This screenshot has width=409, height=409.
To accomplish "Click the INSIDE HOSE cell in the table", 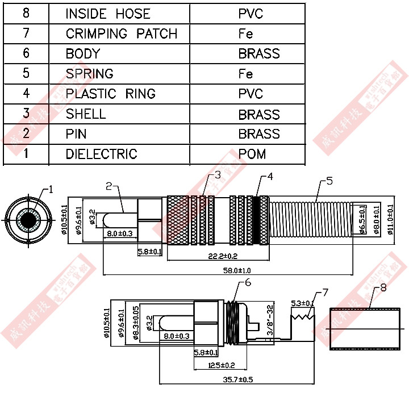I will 108,14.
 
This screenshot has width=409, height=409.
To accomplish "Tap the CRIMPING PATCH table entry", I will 122,34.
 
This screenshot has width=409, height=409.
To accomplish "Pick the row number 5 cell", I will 26,74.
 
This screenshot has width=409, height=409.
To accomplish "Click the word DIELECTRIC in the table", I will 101,154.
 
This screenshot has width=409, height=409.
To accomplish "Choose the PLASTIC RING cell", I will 111,94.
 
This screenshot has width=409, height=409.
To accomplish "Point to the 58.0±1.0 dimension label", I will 238,270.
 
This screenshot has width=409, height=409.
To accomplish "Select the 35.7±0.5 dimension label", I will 237,379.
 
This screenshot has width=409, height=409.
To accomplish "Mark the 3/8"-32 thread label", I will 270,320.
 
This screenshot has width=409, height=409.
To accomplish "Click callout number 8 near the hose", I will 383,288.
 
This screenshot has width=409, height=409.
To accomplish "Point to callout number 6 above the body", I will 248,283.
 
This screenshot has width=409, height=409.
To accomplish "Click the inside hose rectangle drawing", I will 366,329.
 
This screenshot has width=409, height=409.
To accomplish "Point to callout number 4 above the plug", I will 270,177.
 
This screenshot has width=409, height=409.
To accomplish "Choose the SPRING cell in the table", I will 89,74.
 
